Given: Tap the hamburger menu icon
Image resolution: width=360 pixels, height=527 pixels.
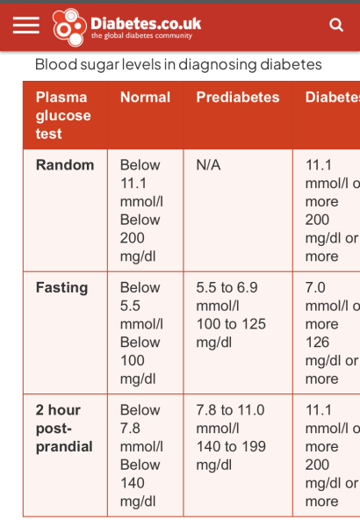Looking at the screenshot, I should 26,25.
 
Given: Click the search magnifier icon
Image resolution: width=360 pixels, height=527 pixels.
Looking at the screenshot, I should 336,25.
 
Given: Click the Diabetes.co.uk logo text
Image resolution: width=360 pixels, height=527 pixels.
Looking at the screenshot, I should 145,20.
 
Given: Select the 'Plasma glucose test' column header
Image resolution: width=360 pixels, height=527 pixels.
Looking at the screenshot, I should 63,115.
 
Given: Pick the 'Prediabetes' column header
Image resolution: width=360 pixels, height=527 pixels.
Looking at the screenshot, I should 238,97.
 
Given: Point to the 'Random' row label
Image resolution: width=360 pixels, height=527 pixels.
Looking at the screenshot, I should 65,164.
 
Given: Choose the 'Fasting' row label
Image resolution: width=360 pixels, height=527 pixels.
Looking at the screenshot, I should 61,287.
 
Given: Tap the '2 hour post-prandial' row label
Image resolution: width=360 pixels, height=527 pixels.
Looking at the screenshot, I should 64,428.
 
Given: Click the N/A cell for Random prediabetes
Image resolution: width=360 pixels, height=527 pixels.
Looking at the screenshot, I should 209,164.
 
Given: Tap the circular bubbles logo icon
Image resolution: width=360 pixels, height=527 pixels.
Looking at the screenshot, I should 68,26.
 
